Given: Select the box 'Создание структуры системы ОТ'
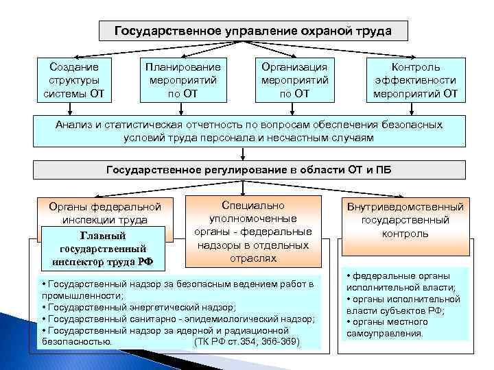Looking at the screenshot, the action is click(x=74, y=80).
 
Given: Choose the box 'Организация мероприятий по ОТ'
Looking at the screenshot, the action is click(x=294, y=80).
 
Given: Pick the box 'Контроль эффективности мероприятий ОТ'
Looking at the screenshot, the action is click(x=410, y=80).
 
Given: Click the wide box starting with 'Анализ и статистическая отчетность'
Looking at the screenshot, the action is click(x=249, y=131).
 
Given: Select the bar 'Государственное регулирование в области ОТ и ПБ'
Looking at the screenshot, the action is click(x=249, y=169).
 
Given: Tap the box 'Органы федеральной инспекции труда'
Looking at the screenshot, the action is click(x=106, y=212).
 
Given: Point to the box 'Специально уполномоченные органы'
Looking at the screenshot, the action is click(x=254, y=231).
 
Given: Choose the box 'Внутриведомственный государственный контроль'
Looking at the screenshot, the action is click(x=405, y=219).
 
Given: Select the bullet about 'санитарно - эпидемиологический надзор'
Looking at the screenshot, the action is click(x=178, y=319).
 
